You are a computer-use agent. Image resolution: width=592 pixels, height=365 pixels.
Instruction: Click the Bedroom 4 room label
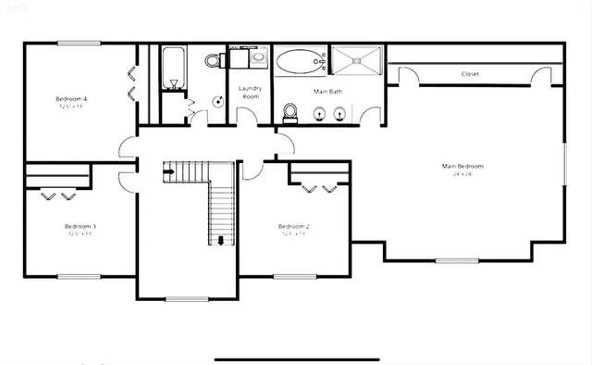point(71,98)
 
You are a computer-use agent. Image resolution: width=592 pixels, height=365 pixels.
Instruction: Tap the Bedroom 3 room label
point(80,226)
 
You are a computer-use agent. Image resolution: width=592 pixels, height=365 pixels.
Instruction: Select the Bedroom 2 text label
point(293,226)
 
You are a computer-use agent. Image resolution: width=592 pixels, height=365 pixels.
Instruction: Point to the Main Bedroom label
point(462,166)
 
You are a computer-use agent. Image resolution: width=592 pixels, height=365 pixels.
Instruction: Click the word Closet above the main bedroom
point(470,74)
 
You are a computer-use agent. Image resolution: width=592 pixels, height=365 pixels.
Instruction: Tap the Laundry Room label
point(251,92)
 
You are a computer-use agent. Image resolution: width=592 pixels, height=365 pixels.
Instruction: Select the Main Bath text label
point(327,91)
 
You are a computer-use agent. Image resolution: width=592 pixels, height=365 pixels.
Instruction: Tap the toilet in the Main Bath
point(290,113)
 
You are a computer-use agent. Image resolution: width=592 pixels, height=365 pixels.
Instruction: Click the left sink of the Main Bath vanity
point(319,114)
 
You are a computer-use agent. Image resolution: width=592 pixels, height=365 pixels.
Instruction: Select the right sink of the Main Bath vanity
point(340,114)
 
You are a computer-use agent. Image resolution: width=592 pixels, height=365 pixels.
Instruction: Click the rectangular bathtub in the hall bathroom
point(173,68)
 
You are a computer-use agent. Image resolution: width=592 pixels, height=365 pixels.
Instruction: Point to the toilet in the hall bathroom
point(213,61)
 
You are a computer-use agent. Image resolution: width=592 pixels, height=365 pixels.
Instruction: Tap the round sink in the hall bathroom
point(218,102)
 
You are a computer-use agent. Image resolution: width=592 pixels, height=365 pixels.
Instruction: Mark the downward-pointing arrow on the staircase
point(221,241)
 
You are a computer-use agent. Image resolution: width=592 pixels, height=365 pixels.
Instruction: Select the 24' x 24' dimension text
point(462,174)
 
